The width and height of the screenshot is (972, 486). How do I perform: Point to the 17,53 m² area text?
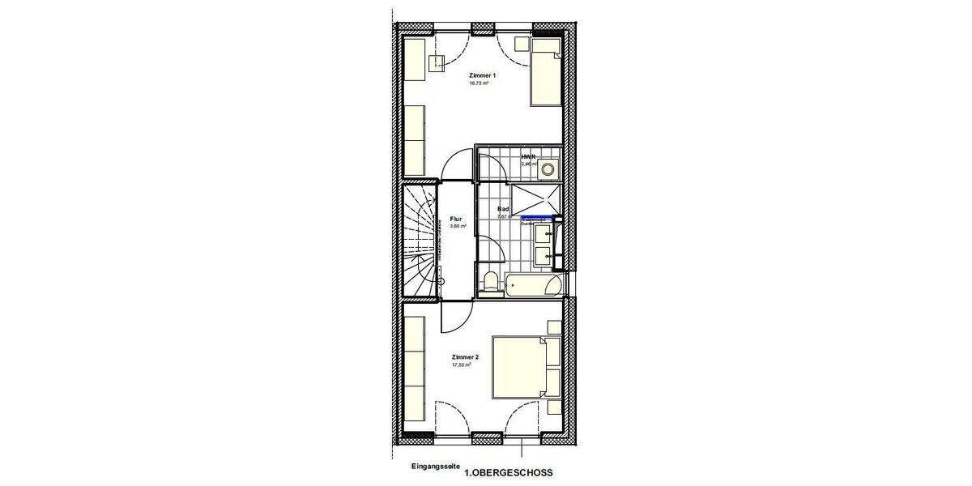462,365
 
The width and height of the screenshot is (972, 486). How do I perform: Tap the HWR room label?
527,156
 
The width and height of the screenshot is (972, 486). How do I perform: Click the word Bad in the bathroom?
503,209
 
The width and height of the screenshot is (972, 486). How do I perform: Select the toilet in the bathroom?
489,282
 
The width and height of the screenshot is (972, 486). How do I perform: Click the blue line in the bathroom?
539,218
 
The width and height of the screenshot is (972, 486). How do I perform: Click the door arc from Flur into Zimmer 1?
454,162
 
